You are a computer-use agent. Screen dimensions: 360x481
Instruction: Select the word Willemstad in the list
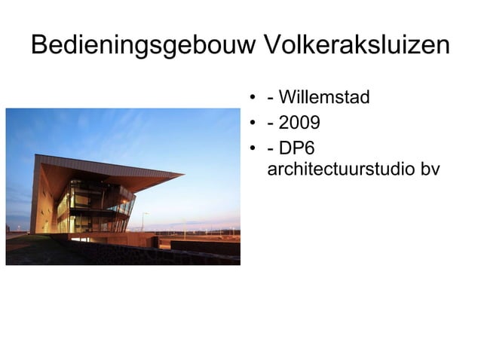click(325, 98)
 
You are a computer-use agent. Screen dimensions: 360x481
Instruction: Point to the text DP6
click(296, 146)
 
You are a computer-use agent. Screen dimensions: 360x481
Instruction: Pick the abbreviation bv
click(430, 169)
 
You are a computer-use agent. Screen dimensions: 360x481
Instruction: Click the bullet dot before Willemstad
click(253, 99)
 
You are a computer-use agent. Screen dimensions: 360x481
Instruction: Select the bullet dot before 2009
click(253, 123)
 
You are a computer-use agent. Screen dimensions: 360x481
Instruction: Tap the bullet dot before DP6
click(253, 147)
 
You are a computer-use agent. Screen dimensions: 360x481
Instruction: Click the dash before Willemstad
click(271, 99)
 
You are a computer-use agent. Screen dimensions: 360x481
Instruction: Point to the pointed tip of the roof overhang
click(182, 175)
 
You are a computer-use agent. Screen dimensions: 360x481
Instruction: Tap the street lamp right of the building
click(142, 221)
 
